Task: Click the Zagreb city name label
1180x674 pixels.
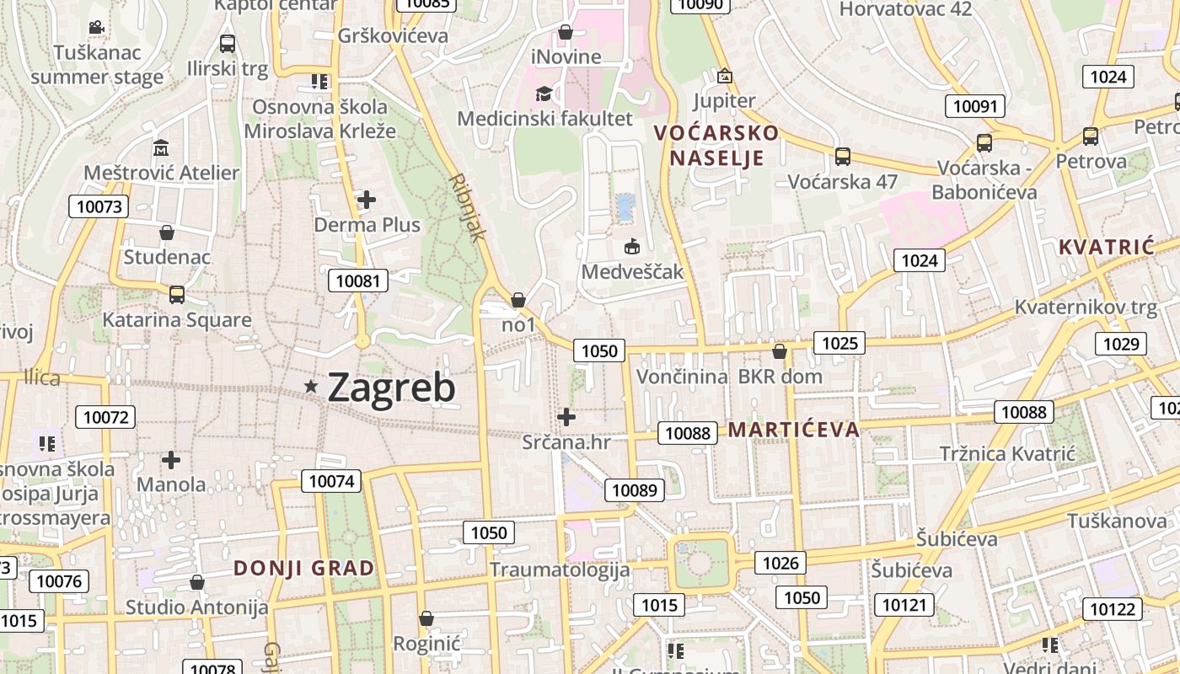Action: point(391,388)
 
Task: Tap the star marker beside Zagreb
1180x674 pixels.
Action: point(312,386)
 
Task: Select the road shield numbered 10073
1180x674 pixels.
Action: point(99,206)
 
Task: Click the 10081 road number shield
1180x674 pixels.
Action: point(358,281)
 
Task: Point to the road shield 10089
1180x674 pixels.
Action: point(634,490)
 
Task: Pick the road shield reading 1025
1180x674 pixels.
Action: point(839,343)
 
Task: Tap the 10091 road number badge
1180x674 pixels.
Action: point(974,106)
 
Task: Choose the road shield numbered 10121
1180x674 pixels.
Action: point(904,604)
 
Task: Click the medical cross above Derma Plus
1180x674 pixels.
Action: point(367,200)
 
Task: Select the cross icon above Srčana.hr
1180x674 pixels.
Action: point(566,416)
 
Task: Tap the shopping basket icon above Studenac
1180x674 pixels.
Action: point(167,232)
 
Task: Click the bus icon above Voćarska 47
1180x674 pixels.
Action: point(842,157)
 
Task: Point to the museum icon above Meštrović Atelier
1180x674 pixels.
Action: point(161,148)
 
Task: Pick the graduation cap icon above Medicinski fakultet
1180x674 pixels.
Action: point(544,94)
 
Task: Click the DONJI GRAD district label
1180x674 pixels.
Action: point(304,568)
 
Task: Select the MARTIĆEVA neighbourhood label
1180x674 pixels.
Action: point(794,430)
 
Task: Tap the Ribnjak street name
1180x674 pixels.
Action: point(469,207)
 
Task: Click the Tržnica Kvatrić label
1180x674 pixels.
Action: point(1007,454)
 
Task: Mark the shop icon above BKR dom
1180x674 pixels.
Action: point(780,351)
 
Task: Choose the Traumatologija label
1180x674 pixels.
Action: point(560,570)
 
